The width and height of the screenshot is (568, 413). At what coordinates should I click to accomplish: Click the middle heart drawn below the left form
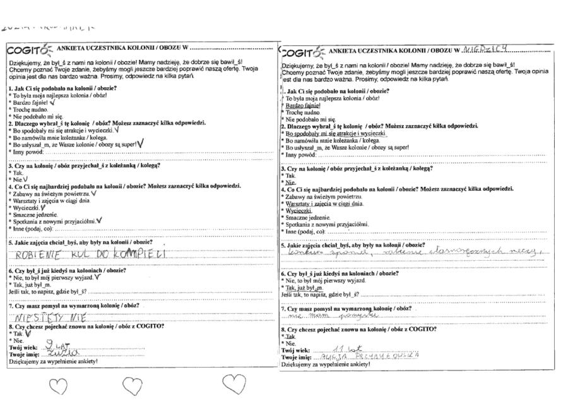coord(132,384)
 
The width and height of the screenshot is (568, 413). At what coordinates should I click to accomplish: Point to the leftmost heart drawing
coord(58,385)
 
